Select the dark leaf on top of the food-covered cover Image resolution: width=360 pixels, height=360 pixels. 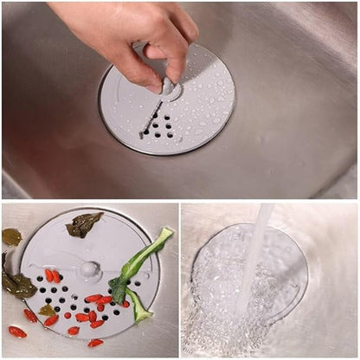point(84,224)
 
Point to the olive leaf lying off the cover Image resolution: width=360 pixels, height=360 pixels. point(11,235)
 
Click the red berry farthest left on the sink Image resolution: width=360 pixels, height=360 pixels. point(16,331)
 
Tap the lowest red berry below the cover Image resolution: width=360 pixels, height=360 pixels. point(94,343)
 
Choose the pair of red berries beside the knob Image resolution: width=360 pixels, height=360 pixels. point(53,276)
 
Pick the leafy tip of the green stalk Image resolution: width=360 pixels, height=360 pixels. point(164,233)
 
